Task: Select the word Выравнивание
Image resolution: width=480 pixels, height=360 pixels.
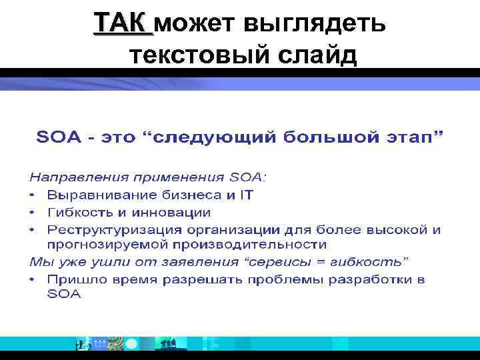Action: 103,195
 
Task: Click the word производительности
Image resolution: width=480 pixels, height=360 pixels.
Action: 216,245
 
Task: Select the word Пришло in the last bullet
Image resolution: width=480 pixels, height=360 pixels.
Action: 74,279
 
